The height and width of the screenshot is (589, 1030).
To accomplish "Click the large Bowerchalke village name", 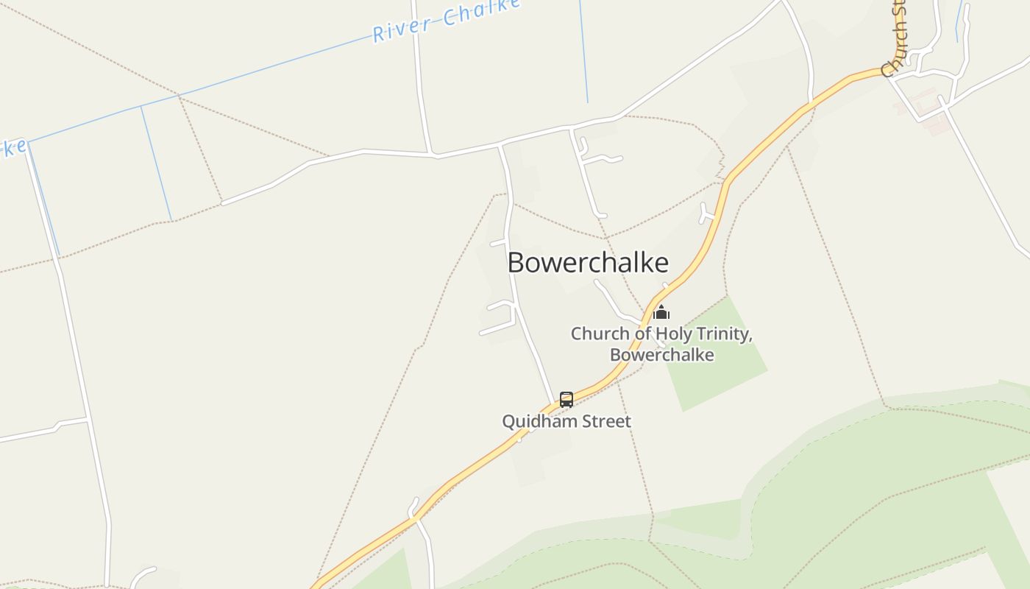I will (x=588, y=263).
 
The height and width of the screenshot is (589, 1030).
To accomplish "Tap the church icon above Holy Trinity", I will (x=661, y=311).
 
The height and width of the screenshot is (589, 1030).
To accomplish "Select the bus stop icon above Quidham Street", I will (x=566, y=399).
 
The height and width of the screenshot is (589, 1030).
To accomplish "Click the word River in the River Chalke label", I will (x=402, y=28).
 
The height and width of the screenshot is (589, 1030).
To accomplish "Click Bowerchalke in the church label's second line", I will (x=661, y=355).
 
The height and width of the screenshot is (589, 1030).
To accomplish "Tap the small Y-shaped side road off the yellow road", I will (x=706, y=214).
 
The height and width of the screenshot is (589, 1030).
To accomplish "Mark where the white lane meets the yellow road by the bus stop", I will (x=554, y=405).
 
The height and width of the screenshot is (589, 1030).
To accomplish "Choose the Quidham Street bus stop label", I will (x=566, y=422).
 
